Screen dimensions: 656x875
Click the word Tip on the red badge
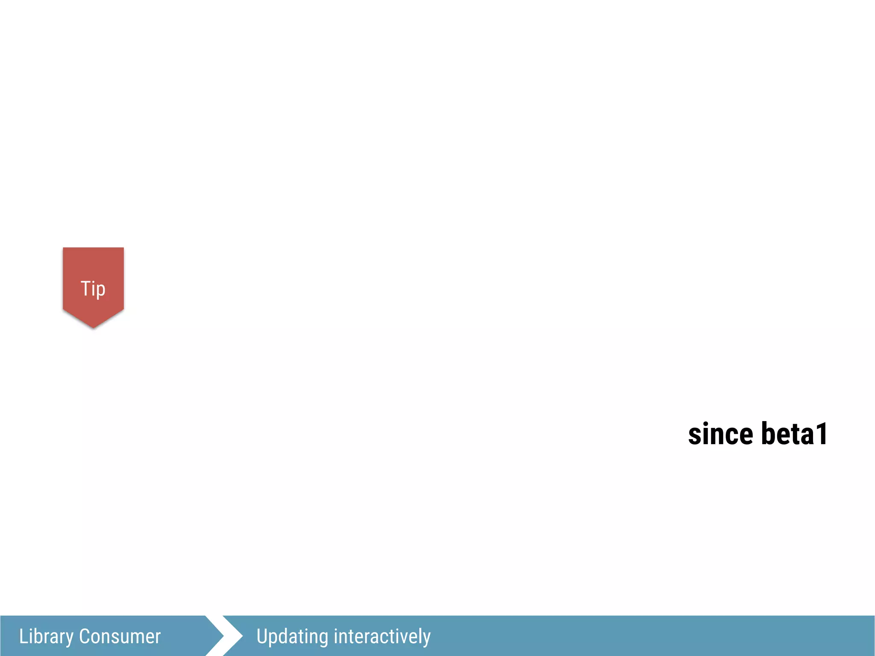(93, 289)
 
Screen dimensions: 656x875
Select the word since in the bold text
(720, 434)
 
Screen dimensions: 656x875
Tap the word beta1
(794, 434)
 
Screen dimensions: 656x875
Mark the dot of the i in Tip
(93, 281)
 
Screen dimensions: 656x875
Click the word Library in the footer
(46, 637)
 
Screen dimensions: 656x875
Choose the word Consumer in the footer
(120, 636)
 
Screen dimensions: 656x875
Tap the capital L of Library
(23, 636)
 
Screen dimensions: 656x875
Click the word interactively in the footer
(382, 636)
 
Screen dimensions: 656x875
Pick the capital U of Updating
(261, 636)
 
